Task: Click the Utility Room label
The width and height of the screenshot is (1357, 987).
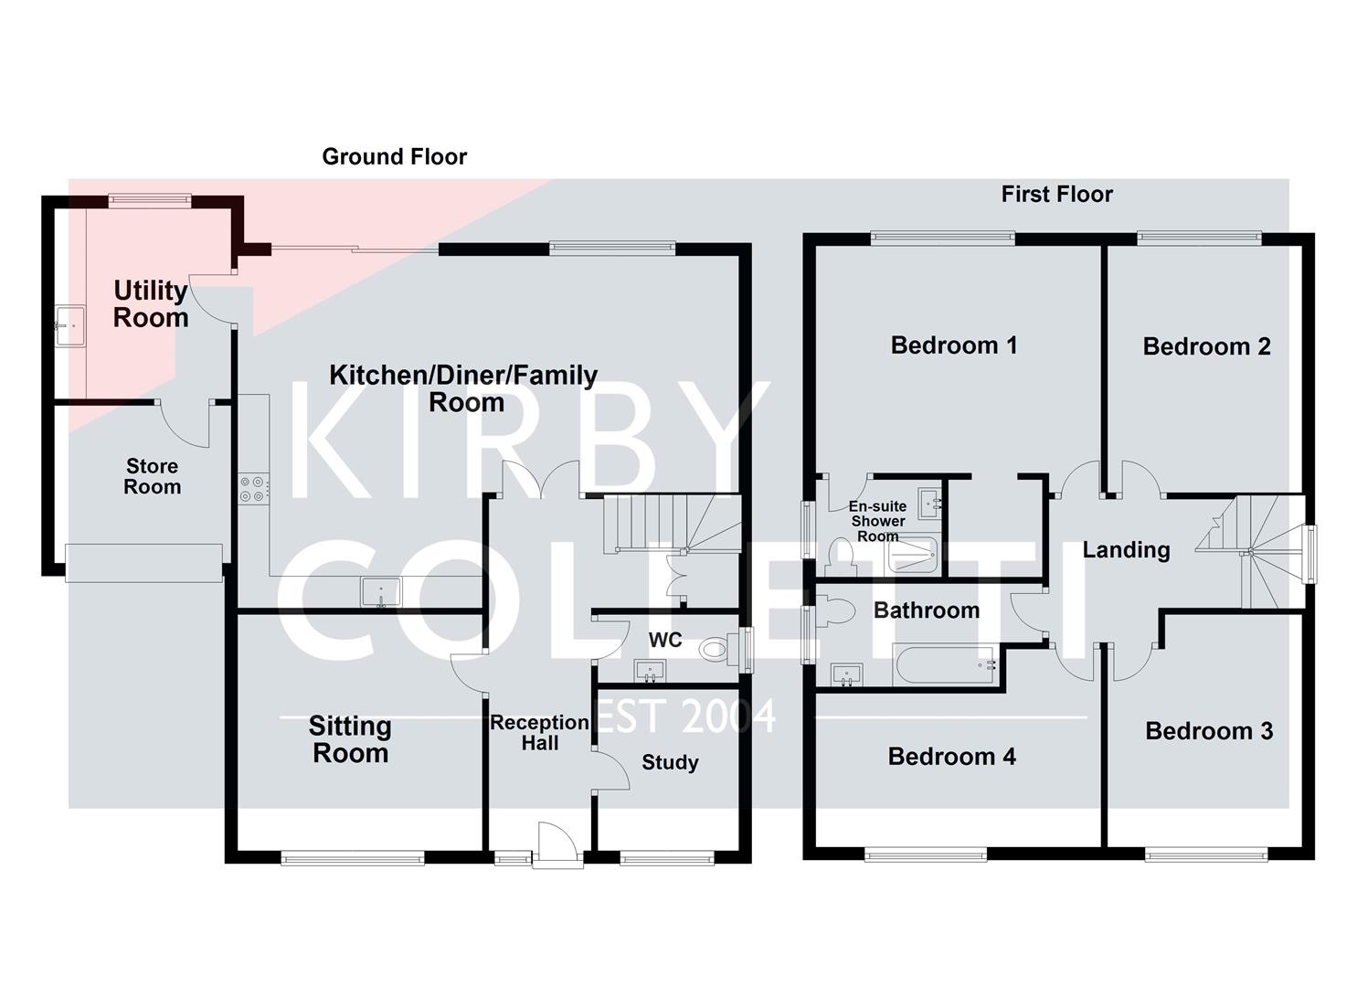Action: [151, 304]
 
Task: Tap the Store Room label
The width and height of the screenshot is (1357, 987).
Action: [152, 476]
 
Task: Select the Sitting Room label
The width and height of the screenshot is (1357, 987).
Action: [350, 739]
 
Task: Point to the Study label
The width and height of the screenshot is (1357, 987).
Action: [670, 762]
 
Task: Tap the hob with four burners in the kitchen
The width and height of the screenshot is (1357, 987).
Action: [253, 489]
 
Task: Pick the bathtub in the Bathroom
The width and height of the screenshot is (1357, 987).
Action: [944, 665]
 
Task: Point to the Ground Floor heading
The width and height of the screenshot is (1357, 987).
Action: [394, 157]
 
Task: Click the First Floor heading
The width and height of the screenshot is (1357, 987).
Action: [1056, 195]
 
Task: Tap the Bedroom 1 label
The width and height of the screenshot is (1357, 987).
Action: [953, 345]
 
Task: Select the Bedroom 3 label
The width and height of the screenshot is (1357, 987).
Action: [1208, 731]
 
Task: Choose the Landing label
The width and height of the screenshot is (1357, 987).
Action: [1126, 549]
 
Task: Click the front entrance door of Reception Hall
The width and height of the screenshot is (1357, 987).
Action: [557, 845]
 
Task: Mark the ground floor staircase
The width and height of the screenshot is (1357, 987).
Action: [672, 523]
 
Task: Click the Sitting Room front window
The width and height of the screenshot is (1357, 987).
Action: [353, 857]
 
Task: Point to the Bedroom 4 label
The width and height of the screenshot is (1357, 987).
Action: [951, 757]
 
